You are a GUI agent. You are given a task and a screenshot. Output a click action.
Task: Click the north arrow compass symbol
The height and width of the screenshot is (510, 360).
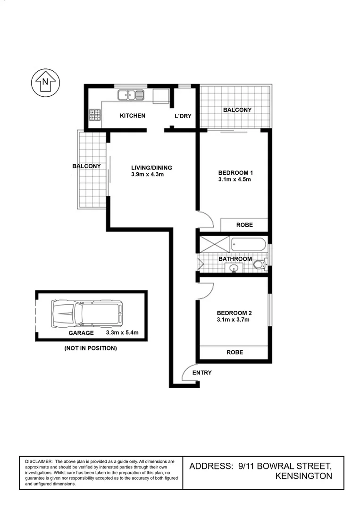pyautogui.click(x=45, y=83)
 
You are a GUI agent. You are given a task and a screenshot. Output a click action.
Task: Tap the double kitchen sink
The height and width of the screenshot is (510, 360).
pyautogui.click(x=131, y=95)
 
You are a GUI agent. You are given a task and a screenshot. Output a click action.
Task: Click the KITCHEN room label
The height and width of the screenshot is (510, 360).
pyautogui.click(x=132, y=116)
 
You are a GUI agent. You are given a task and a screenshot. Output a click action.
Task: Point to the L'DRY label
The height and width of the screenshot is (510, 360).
pyautogui.click(x=183, y=116)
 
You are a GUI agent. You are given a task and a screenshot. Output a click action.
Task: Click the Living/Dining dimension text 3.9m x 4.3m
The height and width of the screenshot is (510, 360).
pyautogui.click(x=147, y=174)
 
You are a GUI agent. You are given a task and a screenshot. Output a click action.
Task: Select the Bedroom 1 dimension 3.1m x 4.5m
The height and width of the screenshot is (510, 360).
pyautogui.click(x=234, y=179)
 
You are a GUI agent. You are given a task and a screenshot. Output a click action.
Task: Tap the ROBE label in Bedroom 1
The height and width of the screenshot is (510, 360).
pyautogui.click(x=244, y=225)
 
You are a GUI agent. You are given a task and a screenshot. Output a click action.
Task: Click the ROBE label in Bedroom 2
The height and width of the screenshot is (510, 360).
pyautogui.click(x=234, y=352)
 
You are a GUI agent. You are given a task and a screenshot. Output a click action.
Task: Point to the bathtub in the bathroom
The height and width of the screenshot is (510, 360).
pyautogui.click(x=248, y=245)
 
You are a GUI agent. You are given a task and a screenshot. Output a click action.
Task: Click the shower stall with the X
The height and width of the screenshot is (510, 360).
pyautogui.click(x=214, y=245)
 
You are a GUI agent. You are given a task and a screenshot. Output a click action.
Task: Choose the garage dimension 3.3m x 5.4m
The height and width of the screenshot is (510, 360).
pyautogui.click(x=123, y=332)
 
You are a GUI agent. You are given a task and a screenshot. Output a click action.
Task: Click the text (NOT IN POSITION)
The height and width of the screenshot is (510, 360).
pyautogui.click(x=90, y=348)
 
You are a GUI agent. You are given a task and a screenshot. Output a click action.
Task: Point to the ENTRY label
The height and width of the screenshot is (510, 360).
pyautogui.click(x=202, y=373)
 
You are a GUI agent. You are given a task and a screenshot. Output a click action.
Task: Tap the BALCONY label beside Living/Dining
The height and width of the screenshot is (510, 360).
pyautogui.click(x=86, y=166)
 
